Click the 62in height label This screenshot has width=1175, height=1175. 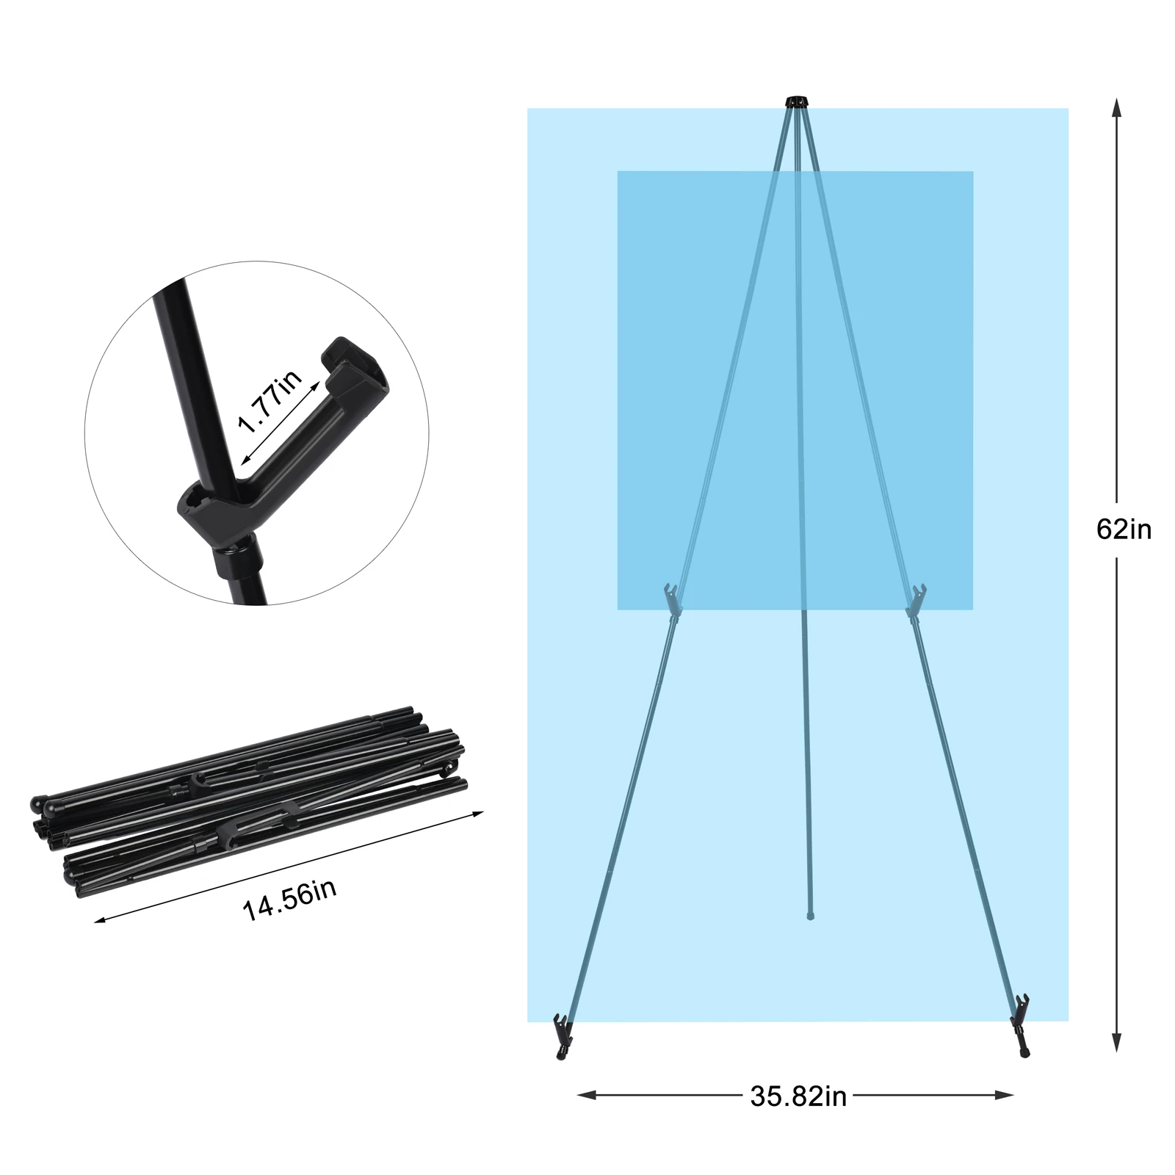click(1124, 529)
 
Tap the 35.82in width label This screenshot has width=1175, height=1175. click(798, 1096)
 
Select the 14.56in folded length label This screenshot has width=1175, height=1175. click(289, 900)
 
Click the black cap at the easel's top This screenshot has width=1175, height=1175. click(796, 101)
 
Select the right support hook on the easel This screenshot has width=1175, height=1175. click(916, 598)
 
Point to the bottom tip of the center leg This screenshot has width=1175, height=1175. click(809, 916)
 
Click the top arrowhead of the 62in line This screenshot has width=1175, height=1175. click(1117, 107)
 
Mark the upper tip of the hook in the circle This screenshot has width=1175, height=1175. click(339, 344)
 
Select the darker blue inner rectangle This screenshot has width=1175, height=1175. click(795, 390)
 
